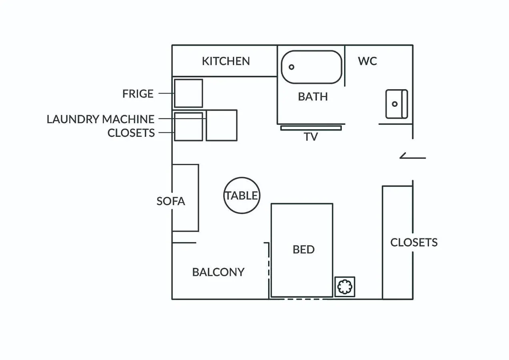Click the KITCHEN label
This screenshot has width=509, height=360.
[226, 61]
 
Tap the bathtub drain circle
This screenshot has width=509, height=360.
[292, 67]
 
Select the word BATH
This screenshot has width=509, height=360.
[313, 96]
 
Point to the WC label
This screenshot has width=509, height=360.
[367, 61]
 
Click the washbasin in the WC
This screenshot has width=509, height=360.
[396, 104]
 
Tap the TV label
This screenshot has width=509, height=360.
[311, 137]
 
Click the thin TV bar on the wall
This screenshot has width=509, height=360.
[311, 128]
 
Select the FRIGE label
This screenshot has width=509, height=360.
[138, 94]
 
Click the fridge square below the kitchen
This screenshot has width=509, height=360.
[188, 93]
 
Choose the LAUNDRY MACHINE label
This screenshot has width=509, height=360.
[100, 119]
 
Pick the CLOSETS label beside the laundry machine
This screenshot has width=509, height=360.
[131, 133]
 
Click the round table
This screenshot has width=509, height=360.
[241, 196]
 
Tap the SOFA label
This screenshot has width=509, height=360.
[171, 201]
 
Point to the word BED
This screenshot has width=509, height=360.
[304, 250]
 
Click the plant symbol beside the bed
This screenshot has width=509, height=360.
[345, 287]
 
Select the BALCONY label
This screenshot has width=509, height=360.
[218, 272]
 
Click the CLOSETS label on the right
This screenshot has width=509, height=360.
[414, 242]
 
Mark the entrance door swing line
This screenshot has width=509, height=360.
[413, 157]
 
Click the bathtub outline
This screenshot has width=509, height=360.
[312, 52]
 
